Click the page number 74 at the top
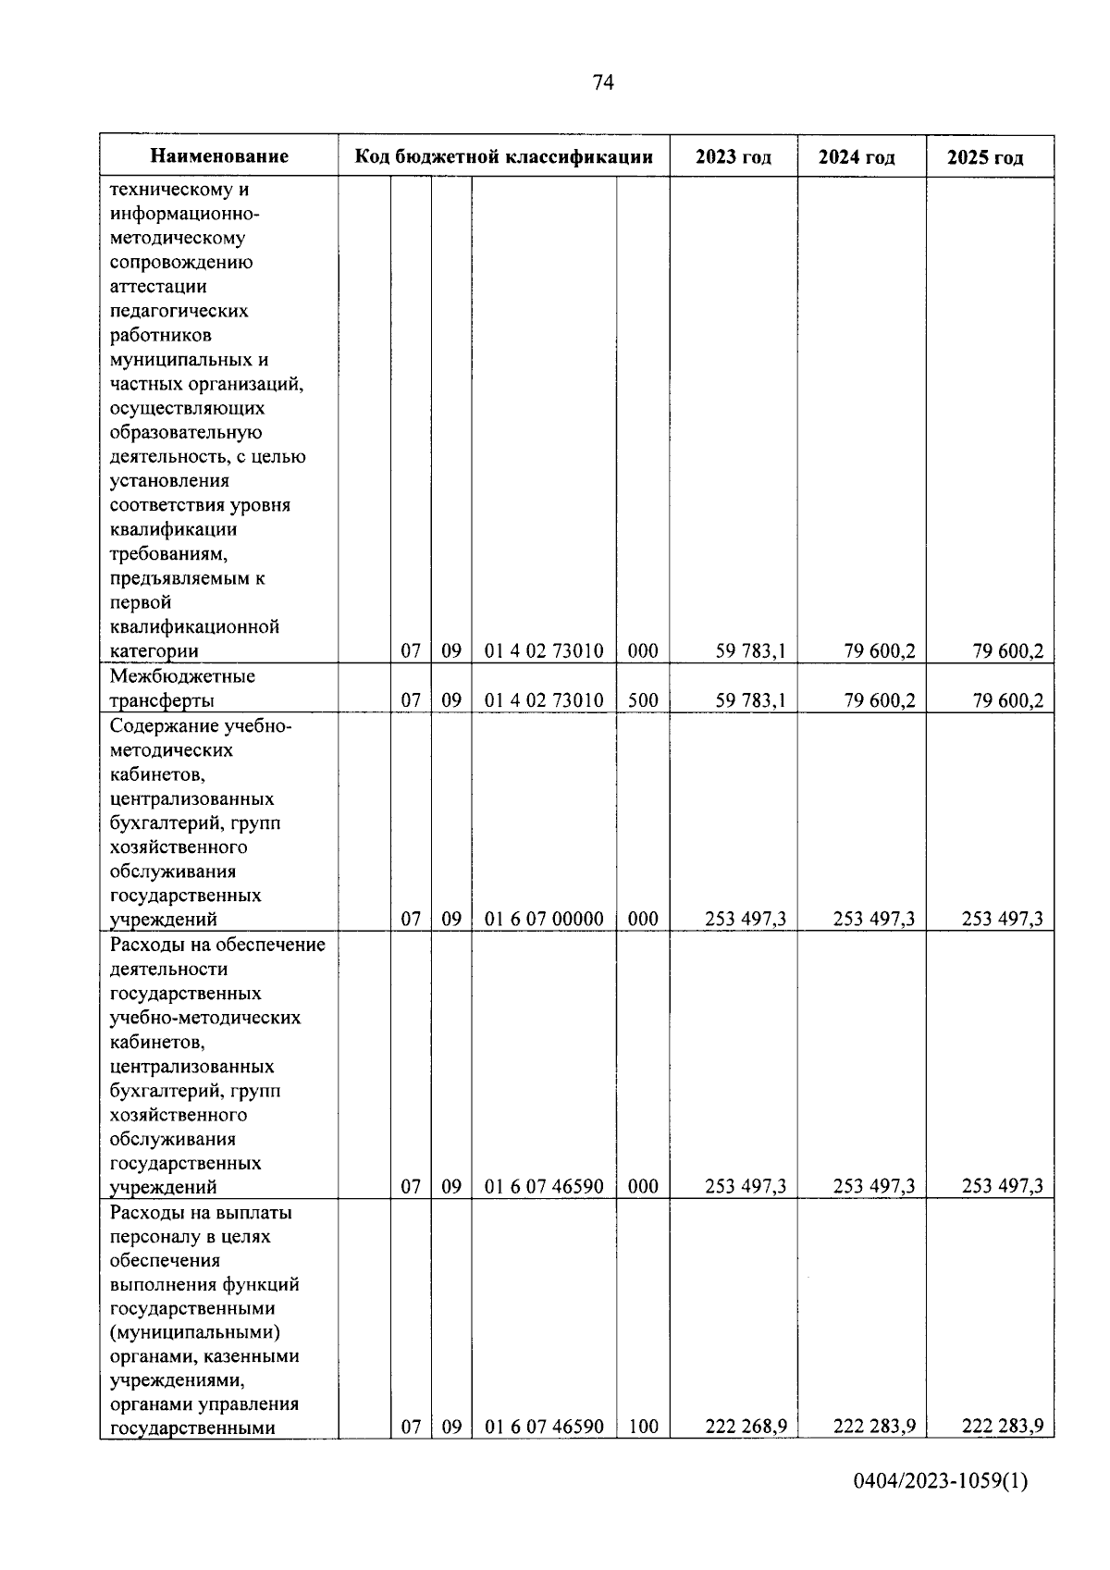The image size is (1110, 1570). pos(602,83)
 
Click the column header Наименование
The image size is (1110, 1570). pos(219,156)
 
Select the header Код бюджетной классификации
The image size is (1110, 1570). pos(504,156)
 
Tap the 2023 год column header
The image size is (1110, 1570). pos(733,156)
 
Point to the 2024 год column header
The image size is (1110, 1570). pos(857,157)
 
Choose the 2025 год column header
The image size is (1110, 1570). pos(985,157)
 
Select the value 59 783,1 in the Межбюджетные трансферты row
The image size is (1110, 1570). pos(751,700)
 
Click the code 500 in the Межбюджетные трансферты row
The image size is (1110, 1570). pos(643,700)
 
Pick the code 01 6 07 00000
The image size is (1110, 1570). pos(544,919)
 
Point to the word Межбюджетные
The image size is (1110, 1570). pos(182,676)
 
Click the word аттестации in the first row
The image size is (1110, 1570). pos(158,286)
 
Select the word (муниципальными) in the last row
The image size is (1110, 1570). pos(195,1332)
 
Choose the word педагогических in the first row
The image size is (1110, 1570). pos(179,311)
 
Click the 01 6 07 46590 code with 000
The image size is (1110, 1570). pos(544,1186)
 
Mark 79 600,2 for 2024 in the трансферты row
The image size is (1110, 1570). pos(879,700)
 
